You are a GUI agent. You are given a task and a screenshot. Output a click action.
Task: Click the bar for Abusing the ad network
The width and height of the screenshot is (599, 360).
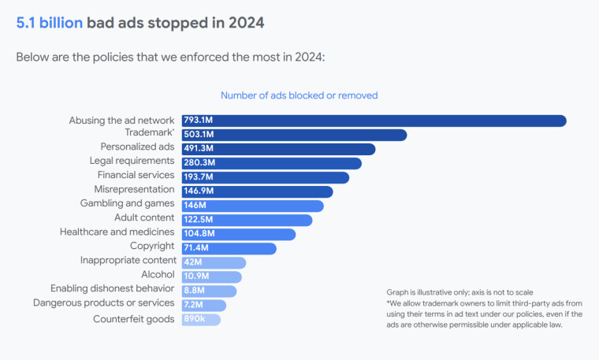tap(374, 121)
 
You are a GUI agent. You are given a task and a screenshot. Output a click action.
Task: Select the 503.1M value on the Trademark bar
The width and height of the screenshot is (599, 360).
tap(199, 135)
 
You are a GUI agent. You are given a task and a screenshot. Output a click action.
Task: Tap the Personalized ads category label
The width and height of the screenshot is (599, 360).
tap(137, 147)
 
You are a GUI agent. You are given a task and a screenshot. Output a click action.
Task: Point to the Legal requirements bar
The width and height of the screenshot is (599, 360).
tap(271, 163)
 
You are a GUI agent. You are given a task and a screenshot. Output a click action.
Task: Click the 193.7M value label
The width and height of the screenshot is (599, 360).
tap(199, 177)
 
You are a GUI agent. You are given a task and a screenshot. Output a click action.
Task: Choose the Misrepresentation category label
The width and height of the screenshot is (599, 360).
tap(134, 189)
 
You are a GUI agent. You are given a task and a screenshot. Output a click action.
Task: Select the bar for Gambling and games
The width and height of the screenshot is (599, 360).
tap(252, 206)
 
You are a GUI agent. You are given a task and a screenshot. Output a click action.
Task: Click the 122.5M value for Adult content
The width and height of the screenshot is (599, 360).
tap(199, 220)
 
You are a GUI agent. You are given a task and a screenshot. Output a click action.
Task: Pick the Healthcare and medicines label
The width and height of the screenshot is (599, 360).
tap(117, 232)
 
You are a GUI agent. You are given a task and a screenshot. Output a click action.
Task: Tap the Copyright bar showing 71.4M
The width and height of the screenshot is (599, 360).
tap(229, 248)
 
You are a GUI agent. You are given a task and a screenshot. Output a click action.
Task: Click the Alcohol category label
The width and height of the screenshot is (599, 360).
tap(158, 274)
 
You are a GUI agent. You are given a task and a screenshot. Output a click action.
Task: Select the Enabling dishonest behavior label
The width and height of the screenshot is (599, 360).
tap(113, 288)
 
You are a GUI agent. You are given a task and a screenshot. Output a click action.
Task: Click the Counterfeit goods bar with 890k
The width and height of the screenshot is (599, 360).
tap(201, 319)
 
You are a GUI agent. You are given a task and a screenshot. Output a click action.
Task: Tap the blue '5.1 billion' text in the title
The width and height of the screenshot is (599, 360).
tap(50, 23)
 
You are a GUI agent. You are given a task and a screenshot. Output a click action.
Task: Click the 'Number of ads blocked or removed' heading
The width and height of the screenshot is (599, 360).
tap(299, 95)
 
